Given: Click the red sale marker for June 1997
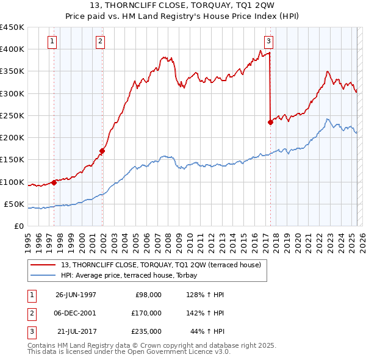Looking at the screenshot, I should [x=54, y=182].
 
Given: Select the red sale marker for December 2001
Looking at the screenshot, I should [x=102, y=151].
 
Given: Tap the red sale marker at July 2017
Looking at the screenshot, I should [x=270, y=122].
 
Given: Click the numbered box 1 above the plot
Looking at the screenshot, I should [x=52, y=41].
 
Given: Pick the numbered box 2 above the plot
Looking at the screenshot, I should [x=100, y=41].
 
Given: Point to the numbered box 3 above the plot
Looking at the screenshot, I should [x=268, y=41].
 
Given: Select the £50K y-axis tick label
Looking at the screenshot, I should [x=15, y=204].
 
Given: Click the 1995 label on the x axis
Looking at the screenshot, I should [x=28, y=238].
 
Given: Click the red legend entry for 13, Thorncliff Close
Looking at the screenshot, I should [x=161, y=265].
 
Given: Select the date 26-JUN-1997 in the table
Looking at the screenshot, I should [x=76, y=295].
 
